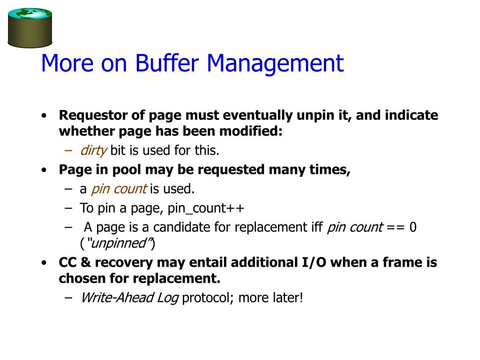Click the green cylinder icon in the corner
(x=30, y=27)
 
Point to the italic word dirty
(x=94, y=151)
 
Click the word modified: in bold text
(x=252, y=132)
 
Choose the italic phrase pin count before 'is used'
(x=119, y=189)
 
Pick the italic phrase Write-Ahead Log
(x=129, y=298)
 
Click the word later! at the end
(x=287, y=298)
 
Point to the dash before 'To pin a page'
(x=69, y=208)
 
